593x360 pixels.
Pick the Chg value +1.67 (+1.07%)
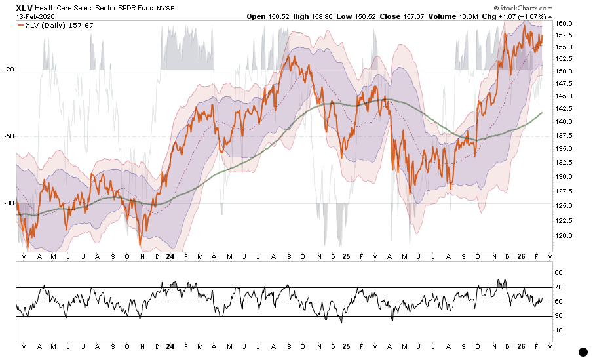coord(526,17)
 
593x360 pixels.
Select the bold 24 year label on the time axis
coord(170,258)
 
